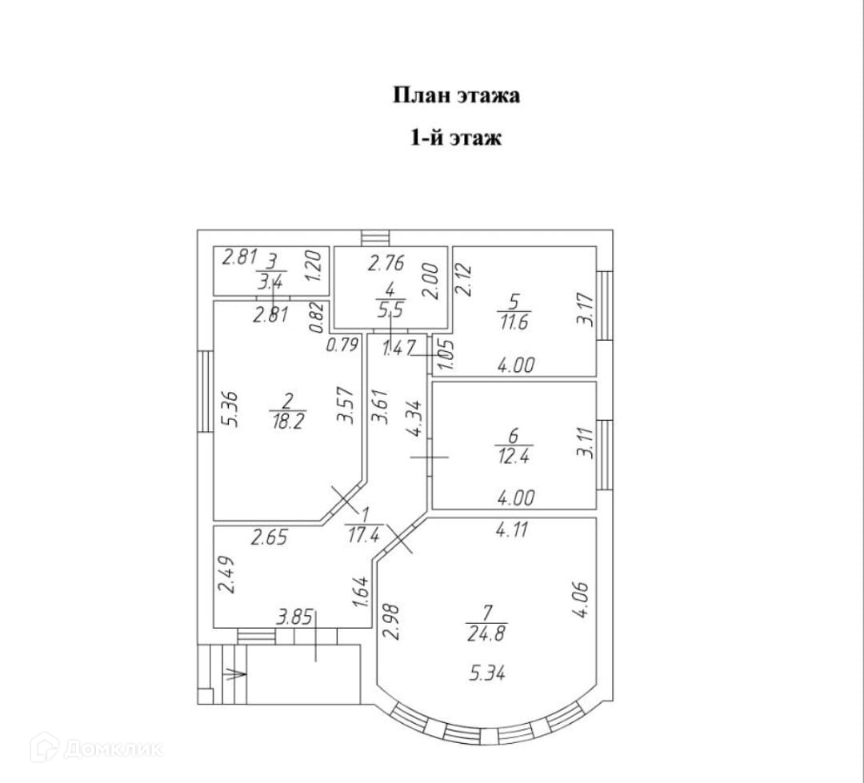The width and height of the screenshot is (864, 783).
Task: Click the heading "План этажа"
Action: pyautogui.click(x=456, y=95)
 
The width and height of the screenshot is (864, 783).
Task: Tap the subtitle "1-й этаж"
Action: pyautogui.click(x=456, y=138)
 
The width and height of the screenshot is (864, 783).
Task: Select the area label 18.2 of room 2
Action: pyautogui.click(x=287, y=421)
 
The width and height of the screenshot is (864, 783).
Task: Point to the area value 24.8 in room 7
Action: pyautogui.click(x=488, y=635)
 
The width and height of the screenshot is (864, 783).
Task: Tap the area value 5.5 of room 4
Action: pyautogui.click(x=390, y=304)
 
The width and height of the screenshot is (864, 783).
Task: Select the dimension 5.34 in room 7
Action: pyautogui.click(x=487, y=674)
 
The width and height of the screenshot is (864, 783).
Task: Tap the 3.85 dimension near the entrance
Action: pyautogui.click(x=294, y=617)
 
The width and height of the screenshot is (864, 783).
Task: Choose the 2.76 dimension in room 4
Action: pyautogui.click(x=386, y=263)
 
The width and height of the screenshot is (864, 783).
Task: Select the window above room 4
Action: pyautogui.click(x=374, y=238)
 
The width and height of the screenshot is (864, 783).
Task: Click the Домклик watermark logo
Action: pyautogui.click(x=96, y=748)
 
